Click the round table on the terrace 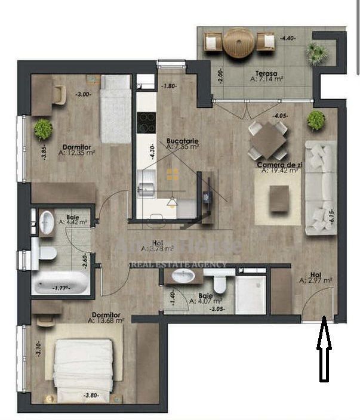point(239,43)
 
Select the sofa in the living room point(321,187)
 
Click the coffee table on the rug point(279,199)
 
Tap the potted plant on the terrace point(317,53)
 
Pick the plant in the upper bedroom point(43,128)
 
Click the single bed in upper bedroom point(115,108)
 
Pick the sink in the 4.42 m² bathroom point(47,222)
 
